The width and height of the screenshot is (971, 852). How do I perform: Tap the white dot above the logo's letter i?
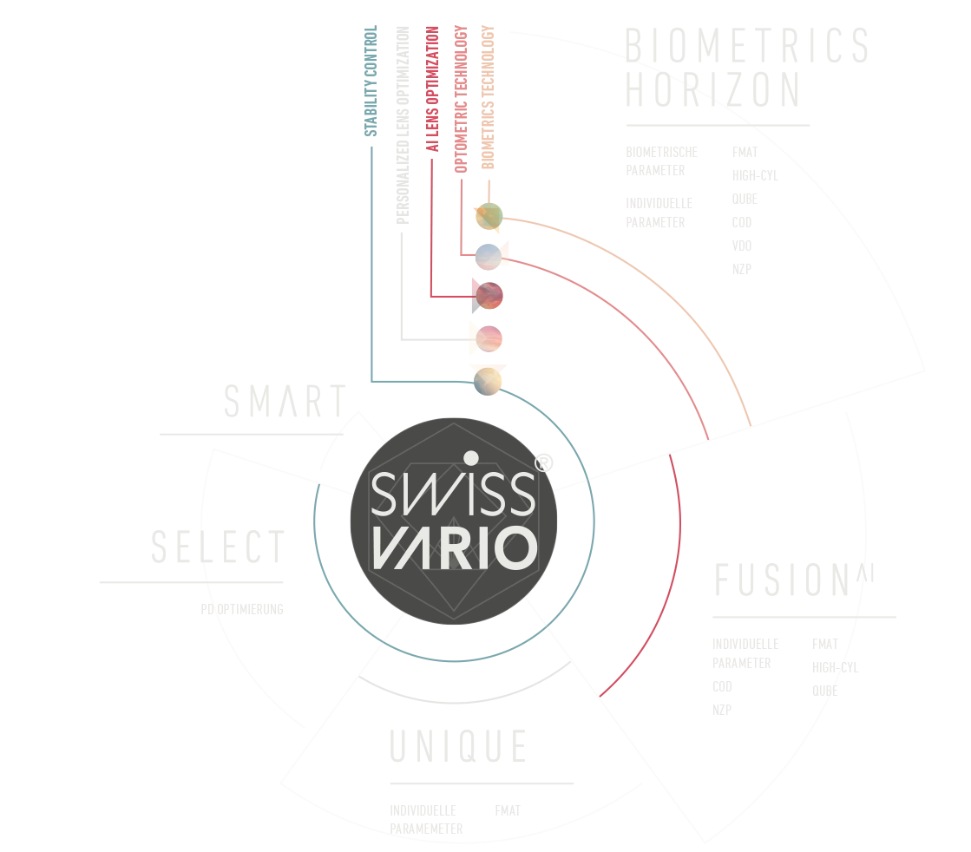coord(469,456)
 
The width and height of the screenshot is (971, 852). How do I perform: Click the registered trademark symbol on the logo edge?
coord(541,465)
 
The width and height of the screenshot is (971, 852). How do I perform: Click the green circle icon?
coord(489,214)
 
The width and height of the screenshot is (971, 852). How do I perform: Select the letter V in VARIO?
coord(382,548)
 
